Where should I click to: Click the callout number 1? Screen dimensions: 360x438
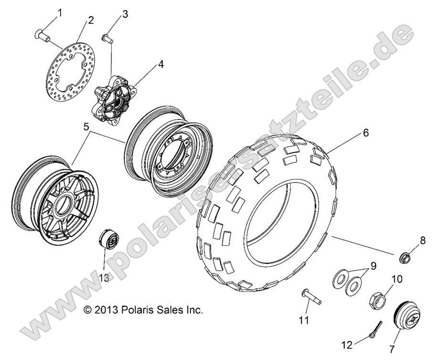60,13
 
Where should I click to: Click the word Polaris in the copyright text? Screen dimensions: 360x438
139,309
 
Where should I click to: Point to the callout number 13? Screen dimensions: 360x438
104,277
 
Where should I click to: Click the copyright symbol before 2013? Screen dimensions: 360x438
87,309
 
